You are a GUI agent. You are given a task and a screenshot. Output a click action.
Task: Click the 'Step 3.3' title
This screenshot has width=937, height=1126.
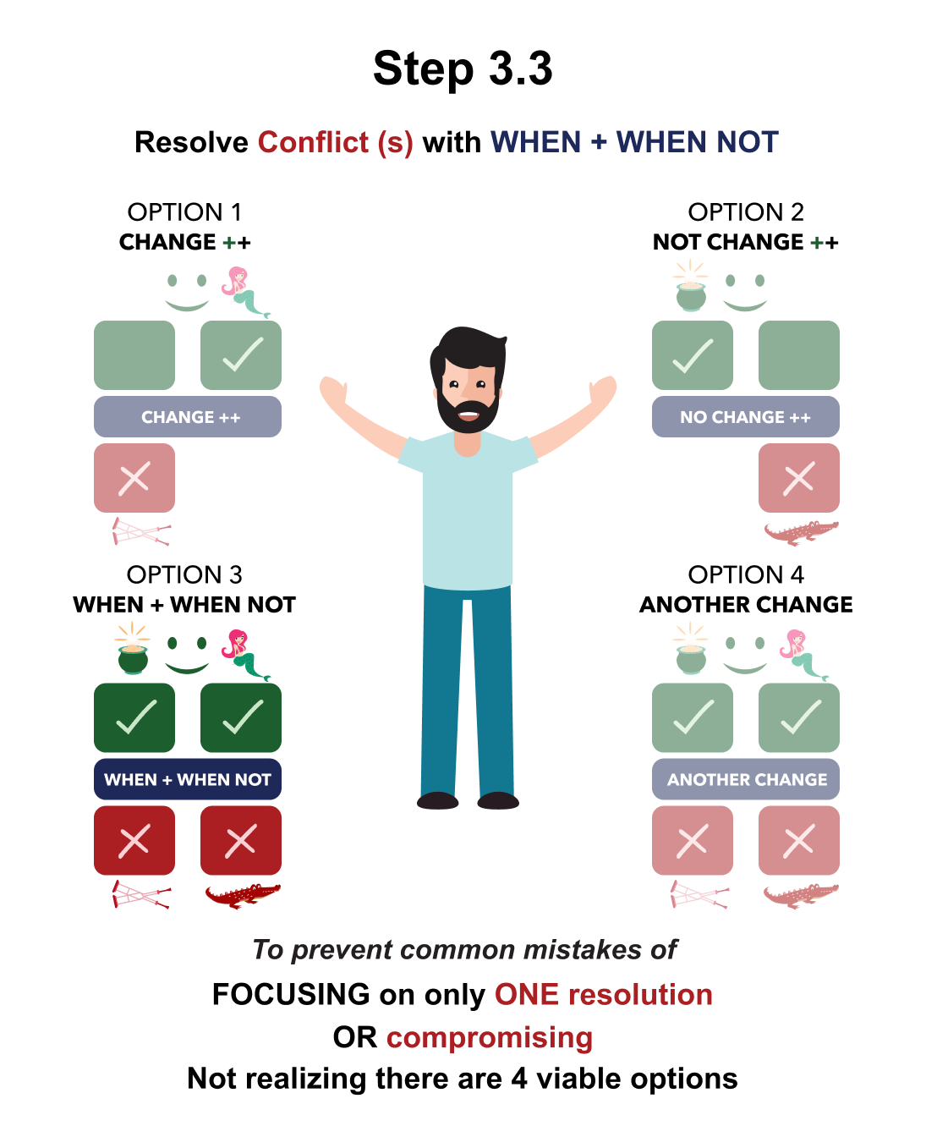[463, 69]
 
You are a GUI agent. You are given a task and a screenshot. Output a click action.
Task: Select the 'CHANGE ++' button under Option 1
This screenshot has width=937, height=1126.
[188, 417]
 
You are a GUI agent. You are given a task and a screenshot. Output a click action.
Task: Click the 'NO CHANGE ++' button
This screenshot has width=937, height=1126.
[745, 417]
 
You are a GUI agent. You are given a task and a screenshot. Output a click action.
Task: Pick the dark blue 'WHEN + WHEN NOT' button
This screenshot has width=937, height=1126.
[188, 779]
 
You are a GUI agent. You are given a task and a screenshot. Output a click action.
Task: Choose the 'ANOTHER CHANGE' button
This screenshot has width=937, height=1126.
[745, 779]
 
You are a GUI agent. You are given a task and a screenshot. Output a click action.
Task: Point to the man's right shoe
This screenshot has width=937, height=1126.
[438, 800]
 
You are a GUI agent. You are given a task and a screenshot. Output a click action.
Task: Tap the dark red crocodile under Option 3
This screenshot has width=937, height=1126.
[242, 894]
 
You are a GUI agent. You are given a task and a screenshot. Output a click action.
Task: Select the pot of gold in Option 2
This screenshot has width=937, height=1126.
[691, 292]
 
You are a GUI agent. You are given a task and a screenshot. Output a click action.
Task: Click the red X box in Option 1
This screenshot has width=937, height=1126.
[134, 478]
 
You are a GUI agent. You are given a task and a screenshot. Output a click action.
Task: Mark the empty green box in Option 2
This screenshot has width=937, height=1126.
[798, 355]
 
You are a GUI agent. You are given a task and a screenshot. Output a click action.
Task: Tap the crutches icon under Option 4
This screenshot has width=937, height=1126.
[699, 894]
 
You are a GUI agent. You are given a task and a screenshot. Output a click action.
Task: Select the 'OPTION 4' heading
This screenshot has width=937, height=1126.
[745, 574]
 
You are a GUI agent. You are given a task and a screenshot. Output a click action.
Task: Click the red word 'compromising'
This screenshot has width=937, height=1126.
[490, 1037]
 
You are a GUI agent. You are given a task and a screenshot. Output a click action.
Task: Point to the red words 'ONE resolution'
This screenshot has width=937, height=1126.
[603, 995]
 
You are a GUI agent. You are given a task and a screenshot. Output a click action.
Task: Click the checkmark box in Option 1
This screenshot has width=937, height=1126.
[241, 355]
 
